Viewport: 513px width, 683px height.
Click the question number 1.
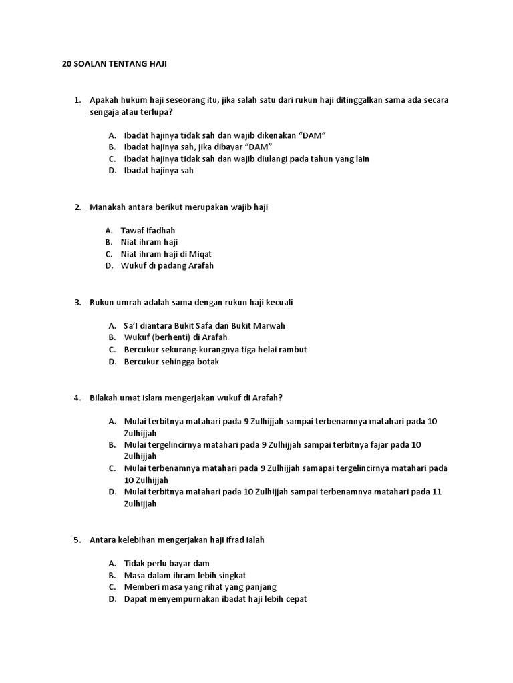point(77,100)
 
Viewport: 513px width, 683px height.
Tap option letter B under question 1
point(111,147)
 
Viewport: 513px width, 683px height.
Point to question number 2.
point(77,207)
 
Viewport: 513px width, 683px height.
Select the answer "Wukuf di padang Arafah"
point(167,265)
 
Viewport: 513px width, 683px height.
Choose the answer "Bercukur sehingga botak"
point(172,362)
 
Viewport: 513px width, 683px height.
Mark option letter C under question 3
point(111,350)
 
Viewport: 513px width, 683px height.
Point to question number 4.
point(77,398)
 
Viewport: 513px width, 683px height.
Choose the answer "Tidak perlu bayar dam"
point(166,563)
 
